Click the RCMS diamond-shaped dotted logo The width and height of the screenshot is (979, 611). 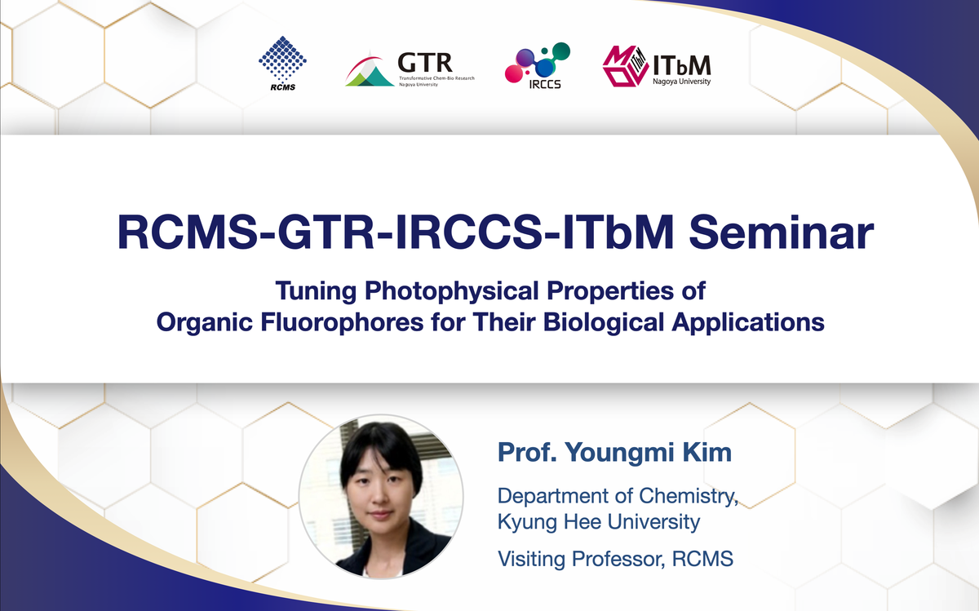coord(282,59)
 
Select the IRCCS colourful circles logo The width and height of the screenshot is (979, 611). coord(538,62)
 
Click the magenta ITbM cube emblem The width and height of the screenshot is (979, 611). coord(626,66)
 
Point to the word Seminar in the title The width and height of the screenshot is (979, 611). coord(781,232)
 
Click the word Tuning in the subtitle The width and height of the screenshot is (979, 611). coord(316,291)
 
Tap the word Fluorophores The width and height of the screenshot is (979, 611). coord(342,322)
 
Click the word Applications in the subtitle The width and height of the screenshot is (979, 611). coord(748,322)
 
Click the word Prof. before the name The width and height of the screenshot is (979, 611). coord(527,452)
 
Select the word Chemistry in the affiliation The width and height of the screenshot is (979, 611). coord(689,496)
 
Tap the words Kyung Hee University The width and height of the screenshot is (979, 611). coord(599,522)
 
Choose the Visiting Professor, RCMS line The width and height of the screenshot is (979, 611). coord(615,559)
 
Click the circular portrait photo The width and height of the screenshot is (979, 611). coord(381,497)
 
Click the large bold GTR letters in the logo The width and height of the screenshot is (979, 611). coord(425,63)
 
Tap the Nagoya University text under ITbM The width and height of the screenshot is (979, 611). coord(682,82)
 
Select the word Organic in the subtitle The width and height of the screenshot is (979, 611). coord(205,323)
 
